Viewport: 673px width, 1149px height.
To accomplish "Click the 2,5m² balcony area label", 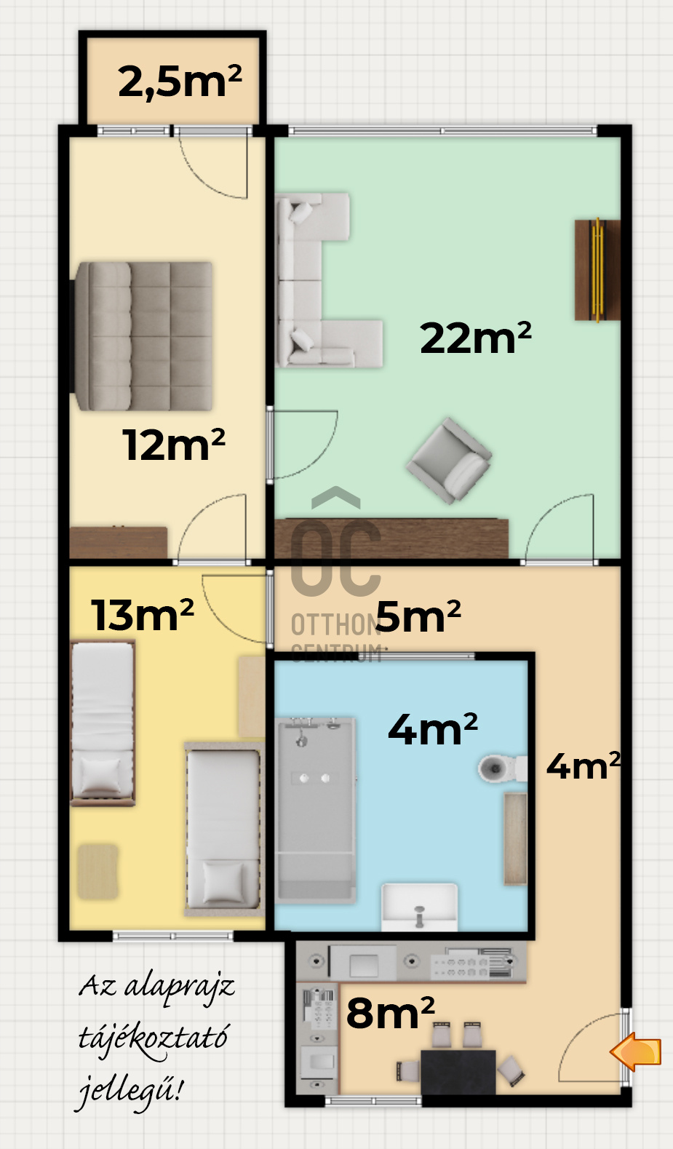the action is pyautogui.click(x=180, y=81).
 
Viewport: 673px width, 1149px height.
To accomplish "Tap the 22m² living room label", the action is pyautogui.click(x=476, y=338).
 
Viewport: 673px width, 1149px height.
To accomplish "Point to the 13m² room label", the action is pyautogui.click(x=143, y=614).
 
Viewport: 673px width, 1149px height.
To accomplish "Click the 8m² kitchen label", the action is pyautogui.click(x=391, y=1012).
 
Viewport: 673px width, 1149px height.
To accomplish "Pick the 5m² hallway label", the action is pyautogui.click(x=418, y=616).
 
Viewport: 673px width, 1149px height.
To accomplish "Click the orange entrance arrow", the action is pyautogui.click(x=636, y=1051).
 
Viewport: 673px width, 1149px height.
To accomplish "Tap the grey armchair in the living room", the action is pyautogui.click(x=449, y=461).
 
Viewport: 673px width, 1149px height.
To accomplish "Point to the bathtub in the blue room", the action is pyautogui.click(x=316, y=810).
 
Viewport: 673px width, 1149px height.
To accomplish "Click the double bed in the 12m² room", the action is pyautogui.click(x=143, y=336).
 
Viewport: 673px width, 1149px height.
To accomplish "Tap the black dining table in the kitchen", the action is pyautogui.click(x=458, y=1072).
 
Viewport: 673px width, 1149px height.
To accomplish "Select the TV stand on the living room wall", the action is pyautogui.click(x=597, y=270).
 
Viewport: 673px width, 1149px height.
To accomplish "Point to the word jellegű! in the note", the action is pyautogui.click(x=130, y=1090).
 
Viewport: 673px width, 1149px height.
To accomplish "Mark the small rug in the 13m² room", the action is pyautogui.click(x=98, y=872).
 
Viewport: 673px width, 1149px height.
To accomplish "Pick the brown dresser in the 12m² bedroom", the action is pyautogui.click(x=119, y=542).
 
